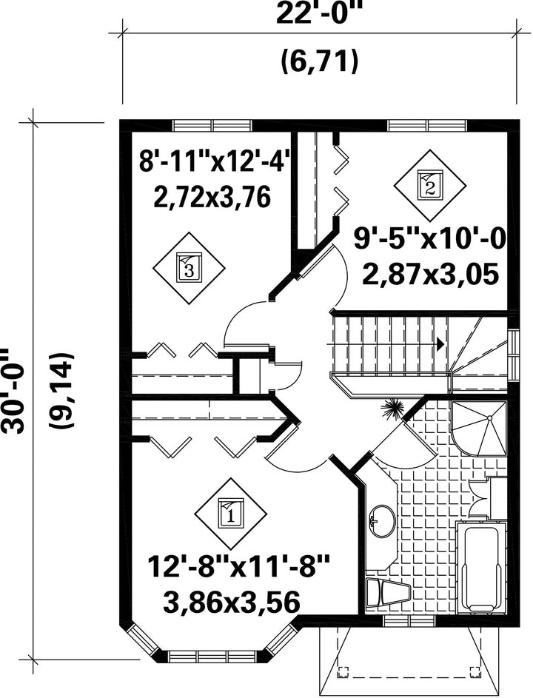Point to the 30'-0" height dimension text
[x=13, y=385]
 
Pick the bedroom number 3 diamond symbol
[x=190, y=268]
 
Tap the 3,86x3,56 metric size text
[x=232, y=603]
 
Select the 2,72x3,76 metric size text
[x=212, y=197]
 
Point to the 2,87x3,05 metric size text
[x=430, y=274]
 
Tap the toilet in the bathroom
[x=387, y=593]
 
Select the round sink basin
[x=382, y=521]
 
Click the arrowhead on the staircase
[x=440, y=343]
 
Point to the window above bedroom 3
[x=212, y=126]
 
